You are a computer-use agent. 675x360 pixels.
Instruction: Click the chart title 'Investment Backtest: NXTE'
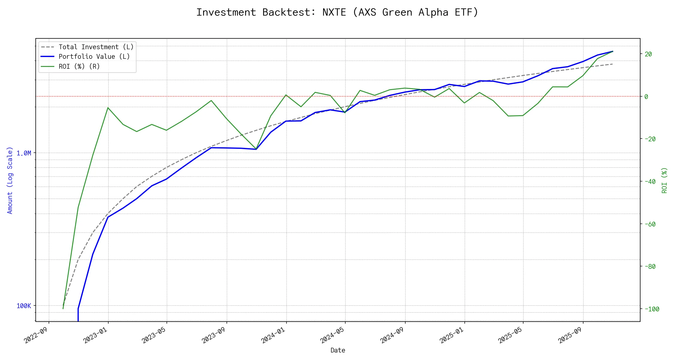(x=337, y=12)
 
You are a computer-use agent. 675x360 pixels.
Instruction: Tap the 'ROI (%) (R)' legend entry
(x=79, y=66)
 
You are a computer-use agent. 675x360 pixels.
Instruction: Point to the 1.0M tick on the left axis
(x=24, y=153)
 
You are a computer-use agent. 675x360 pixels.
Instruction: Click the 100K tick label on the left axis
(x=24, y=306)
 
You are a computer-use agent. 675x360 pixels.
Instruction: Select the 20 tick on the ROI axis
(x=648, y=54)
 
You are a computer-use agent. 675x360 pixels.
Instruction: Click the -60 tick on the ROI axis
(x=650, y=224)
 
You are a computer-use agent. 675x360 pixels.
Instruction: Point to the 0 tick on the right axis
(x=646, y=97)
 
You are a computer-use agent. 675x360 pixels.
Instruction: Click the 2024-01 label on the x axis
(x=274, y=335)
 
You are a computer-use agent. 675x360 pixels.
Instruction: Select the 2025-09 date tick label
(x=571, y=335)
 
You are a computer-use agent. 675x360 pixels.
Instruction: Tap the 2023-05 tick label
(x=154, y=335)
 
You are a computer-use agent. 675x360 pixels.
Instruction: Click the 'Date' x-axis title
(x=338, y=350)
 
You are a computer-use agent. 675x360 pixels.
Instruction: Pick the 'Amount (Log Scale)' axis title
(x=10, y=180)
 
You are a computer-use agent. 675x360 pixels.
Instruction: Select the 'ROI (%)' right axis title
(x=664, y=180)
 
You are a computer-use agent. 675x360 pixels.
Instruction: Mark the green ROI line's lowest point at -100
(x=63, y=309)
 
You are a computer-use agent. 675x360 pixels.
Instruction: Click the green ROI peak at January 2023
(x=108, y=107)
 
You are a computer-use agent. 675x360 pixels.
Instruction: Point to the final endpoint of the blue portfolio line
(x=613, y=51)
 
